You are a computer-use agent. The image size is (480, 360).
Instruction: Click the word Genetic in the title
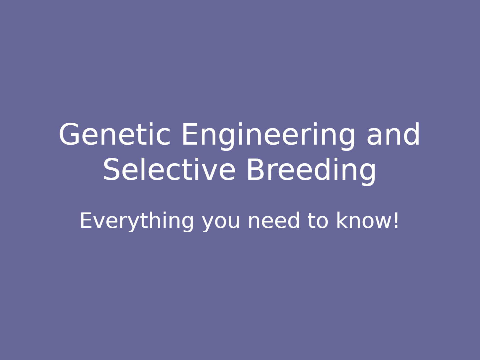tap(115, 134)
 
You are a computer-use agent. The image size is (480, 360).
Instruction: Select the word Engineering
tap(268, 136)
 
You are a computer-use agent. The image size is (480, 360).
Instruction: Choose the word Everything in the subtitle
tap(137, 222)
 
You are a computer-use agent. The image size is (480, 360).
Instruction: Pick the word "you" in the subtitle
tap(221, 224)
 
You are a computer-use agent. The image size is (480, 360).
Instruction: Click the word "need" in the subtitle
tap(273, 220)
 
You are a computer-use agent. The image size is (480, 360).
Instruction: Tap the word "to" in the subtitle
tap(318, 221)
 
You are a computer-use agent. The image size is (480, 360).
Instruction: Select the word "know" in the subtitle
tap(364, 220)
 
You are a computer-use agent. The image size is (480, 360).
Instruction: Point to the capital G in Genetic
tap(69, 134)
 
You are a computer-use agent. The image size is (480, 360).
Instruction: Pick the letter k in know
tap(342, 220)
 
